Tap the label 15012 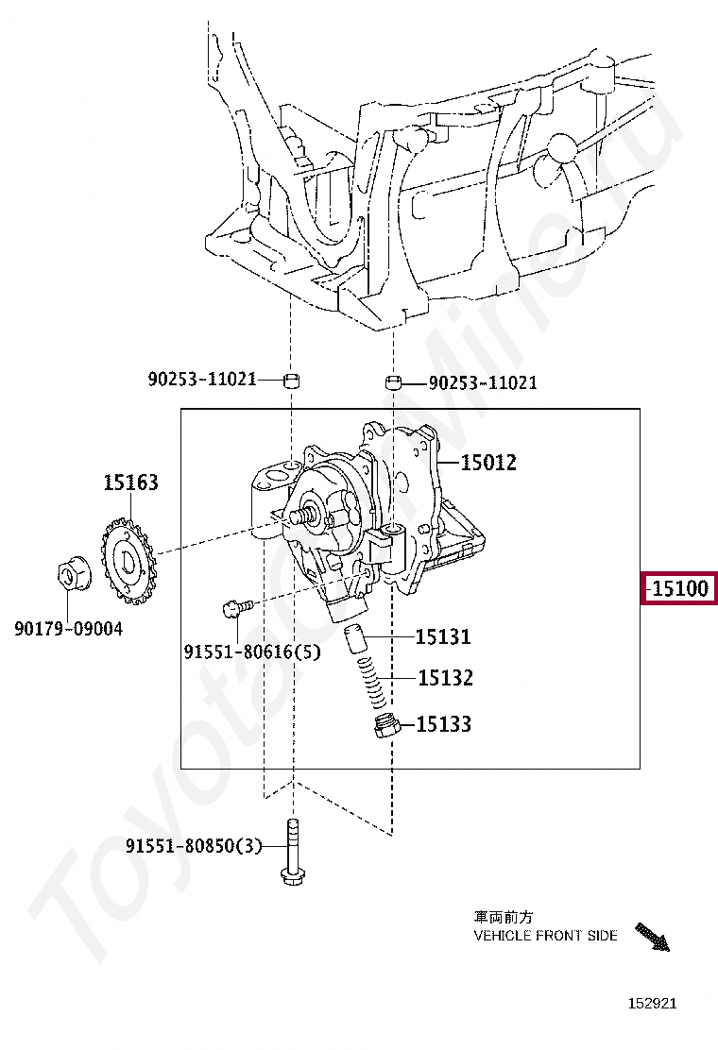pyautogui.click(x=488, y=462)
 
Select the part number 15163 pyautogui.click(x=130, y=483)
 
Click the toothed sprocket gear pyautogui.click(x=128, y=560)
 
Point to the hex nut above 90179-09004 pyautogui.click(x=68, y=576)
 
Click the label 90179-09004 pyautogui.click(x=68, y=629)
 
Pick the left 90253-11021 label pyautogui.click(x=202, y=379)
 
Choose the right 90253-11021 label pyautogui.click(x=483, y=383)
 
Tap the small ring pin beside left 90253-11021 pyautogui.click(x=291, y=381)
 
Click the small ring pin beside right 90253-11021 pyautogui.click(x=393, y=383)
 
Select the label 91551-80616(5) pyautogui.click(x=252, y=652)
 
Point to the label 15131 pyautogui.click(x=443, y=636)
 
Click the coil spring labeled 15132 pyautogui.click(x=373, y=681)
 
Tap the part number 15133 pyautogui.click(x=443, y=724)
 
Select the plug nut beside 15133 pyautogui.click(x=386, y=727)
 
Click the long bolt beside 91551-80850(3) pyautogui.click(x=291, y=852)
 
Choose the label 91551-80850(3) pyautogui.click(x=194, y=846)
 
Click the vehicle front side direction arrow pyautogui.click(x=652, y=936)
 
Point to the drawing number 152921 pyautogui.click(x=653, y=1003)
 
